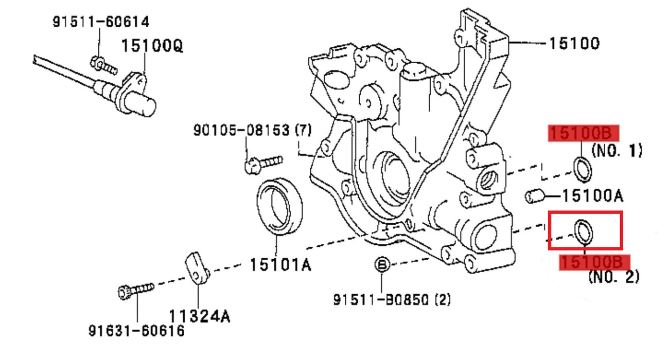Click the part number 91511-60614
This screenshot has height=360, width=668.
101,22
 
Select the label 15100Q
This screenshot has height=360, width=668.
152,46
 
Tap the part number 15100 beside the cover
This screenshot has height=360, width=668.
574,44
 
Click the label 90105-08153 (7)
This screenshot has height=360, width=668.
253,130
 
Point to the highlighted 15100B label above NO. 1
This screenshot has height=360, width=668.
583,133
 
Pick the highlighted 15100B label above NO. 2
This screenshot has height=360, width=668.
594,262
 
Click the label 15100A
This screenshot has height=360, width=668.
592,196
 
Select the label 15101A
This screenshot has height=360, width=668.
280,265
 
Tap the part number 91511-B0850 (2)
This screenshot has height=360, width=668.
392,299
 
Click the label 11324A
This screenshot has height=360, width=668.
199,316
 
